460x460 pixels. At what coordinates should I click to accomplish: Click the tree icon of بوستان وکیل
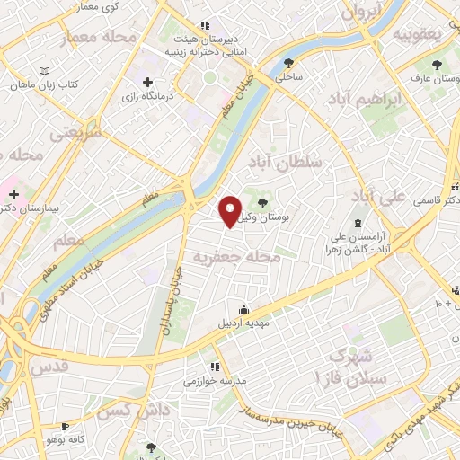[x=261, y=203]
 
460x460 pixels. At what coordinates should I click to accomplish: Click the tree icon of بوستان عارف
[x=437, y=65]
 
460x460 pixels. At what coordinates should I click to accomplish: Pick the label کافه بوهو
[x=65, y=440]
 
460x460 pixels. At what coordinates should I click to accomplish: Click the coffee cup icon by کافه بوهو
[x=65, y=426]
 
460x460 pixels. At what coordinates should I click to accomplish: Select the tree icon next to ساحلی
[x=288, y=63]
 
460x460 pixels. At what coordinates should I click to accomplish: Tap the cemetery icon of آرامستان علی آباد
[x=358, y=222]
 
